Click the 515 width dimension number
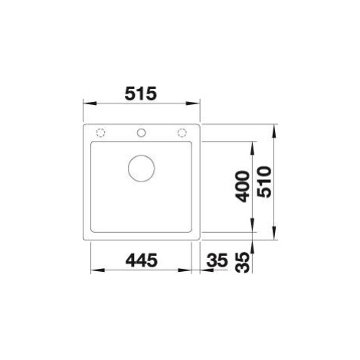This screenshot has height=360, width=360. click(140, 93)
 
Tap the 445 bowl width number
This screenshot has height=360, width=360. click(141, 260)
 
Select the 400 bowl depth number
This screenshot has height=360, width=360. click(242, 186)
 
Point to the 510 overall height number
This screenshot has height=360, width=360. click(264, 182)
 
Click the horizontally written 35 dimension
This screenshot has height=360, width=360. click(217, 260)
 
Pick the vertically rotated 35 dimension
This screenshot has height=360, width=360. click(242, 263)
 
